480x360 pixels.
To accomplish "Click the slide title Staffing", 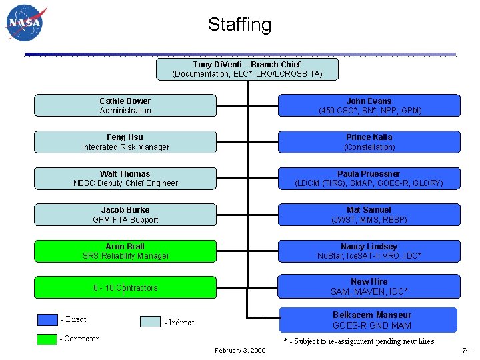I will pyautogui.click(x=239, y=25).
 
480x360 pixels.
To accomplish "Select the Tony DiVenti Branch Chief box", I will pyautogui.click(x=247, y=69).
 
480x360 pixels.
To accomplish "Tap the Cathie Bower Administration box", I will pyautogui.click(x=125, y=105).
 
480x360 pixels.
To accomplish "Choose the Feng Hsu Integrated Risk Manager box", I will pyautogui.click(x=125, y=142).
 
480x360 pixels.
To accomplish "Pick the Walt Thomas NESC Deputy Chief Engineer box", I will pyautogui.click(x=125, y=178).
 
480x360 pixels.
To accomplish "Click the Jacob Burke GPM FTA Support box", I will pyautogui.click(x=125, y=215).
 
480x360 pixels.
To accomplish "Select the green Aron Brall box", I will pyautogui.click(x=125, y=251).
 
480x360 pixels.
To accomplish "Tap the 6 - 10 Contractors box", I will pyautogui.click(x=125, y=287).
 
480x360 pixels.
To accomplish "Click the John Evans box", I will pyautogui.click(x=369, y=105).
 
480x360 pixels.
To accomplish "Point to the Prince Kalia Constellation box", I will pyautogui.click(x=369, y=142).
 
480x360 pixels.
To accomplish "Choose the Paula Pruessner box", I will pyautogui.click(x=369, y=178).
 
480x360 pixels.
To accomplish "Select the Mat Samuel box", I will pyautogui.click(x=369, y=215).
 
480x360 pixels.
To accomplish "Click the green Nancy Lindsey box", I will pyautogui.click(x=369, y=251).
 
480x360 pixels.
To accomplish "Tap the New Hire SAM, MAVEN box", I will pyautogui.click(x=369, y=287).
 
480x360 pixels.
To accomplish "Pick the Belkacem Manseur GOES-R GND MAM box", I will pyautogui.click(x=369, y=320).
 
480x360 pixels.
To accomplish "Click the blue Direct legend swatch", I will pyautogui.click(x=47, y=319).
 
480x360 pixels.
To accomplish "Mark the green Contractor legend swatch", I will pyautogui.click(x=47, y=339).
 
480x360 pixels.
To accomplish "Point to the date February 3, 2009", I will pyautogui.click(x=240, y=350).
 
